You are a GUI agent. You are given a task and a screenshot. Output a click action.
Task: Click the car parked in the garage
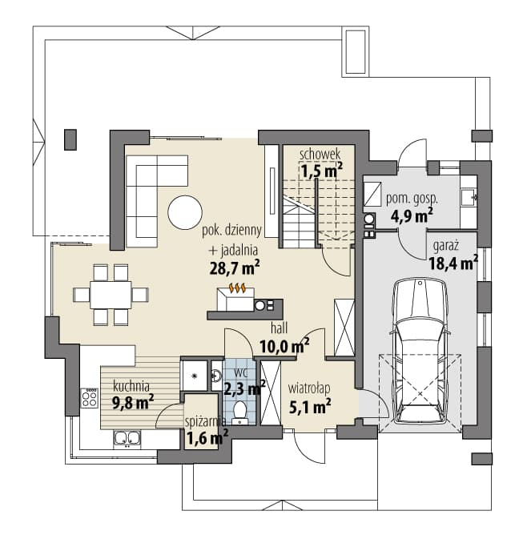(420, 352)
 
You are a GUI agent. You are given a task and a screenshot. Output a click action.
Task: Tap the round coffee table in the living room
(185, 212)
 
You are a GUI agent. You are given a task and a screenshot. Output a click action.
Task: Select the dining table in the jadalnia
(111, 295)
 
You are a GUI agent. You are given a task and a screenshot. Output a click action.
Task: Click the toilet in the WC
(240, 412)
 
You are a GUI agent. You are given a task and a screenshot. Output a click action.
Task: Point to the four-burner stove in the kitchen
(90, 398)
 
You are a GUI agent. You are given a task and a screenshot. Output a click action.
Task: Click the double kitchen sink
(127, 440)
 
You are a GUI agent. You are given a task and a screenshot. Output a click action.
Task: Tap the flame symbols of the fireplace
(237, 288)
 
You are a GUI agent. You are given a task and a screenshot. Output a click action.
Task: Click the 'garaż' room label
(446, 246)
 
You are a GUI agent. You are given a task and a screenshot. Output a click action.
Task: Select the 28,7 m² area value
(235, 267)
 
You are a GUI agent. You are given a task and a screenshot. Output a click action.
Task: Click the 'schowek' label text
(320, 155)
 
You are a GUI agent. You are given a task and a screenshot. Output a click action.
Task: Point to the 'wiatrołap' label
(309, 388)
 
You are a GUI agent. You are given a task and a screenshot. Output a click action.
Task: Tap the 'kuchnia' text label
(131, 386)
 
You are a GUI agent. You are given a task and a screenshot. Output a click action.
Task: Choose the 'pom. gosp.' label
(412, 199)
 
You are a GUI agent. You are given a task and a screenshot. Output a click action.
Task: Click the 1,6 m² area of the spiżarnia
(207, 437)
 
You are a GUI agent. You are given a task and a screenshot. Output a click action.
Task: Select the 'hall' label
(279, 328)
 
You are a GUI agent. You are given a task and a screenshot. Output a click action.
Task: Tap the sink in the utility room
(469, 198)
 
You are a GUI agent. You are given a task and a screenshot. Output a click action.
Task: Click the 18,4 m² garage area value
(453, 263)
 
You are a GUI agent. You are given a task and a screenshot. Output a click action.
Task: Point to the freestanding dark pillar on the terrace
(70, 139)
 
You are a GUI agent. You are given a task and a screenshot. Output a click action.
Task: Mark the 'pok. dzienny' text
(232, 231)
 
